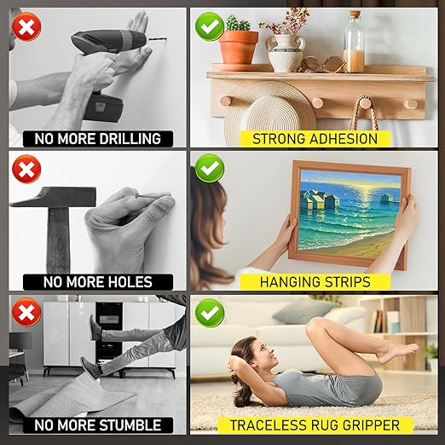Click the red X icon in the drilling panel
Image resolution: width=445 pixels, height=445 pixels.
point(26,27)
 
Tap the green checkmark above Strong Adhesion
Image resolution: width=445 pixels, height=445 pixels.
point(210,26)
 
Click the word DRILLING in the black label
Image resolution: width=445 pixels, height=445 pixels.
point(130,139)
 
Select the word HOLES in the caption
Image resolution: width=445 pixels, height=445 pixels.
point(130,282)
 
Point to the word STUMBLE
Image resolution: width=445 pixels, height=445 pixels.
point(130,425)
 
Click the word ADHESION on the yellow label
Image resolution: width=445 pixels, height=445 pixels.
point(343,139)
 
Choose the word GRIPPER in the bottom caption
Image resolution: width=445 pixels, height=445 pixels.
point(371,425)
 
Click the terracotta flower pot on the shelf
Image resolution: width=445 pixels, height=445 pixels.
point(239,48)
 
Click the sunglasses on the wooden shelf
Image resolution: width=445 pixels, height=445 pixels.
point(322,65)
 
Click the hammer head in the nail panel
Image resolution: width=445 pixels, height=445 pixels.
point(54,197)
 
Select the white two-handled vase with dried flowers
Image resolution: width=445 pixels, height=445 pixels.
point(285,53)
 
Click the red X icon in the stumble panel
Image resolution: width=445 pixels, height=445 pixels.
point(26,312)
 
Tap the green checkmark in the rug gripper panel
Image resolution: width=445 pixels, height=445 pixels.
point(210,313)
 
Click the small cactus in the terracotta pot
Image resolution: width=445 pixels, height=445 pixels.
point(238,23)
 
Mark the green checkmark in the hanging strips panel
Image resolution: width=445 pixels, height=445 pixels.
point(210,168)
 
